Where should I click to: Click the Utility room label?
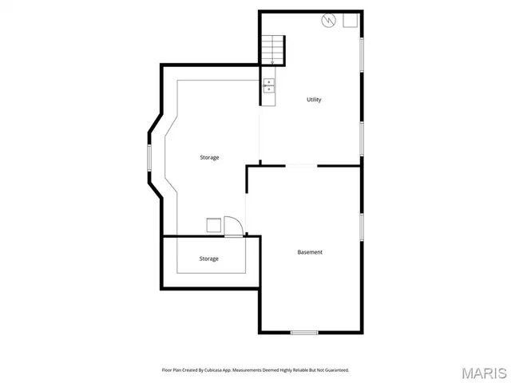coord(315,100)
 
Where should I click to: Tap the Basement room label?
coord(310,252)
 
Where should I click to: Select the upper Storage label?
coord(209,157)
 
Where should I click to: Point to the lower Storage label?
coord(209,259)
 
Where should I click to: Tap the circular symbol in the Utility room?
coord(327,21)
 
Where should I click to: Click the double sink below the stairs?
coord(269,85)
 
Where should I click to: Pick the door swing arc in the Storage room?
coord(232,226)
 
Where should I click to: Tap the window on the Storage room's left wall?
coord(149,157)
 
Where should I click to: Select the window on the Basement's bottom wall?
coord(303,332)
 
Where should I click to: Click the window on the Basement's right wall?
coord(362,226)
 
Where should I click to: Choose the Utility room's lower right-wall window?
coord(362,137)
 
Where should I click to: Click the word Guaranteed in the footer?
coord(334,369)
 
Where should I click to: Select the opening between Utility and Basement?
coord(300,166)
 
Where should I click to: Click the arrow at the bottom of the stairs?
coord(272,61)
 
